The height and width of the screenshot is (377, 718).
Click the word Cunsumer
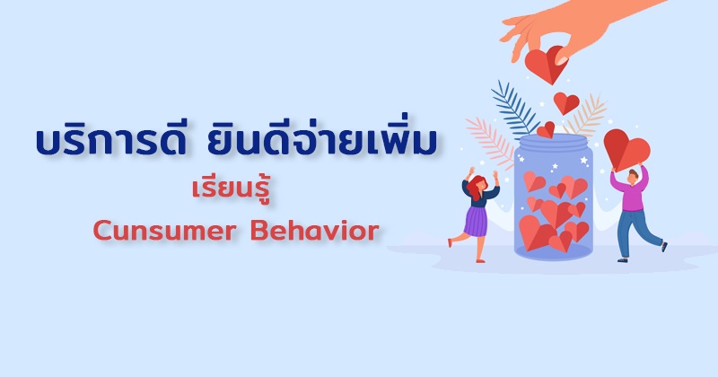(165, 231)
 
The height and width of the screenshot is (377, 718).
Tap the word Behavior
(315, 231)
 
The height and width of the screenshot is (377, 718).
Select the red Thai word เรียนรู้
(231, 190)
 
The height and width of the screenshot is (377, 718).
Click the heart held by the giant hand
(546, 64)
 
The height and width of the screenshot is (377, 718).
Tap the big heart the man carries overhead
(626, 150)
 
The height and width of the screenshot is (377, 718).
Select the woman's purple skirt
(477, 221)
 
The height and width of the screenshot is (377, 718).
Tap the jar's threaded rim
(553, 144)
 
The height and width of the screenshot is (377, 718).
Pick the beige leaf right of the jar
(586, 115)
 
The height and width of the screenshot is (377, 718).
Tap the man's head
(633, 176)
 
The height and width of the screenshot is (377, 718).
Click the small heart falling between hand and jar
(566, 103)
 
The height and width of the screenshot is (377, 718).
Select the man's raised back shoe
(664, 247)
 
